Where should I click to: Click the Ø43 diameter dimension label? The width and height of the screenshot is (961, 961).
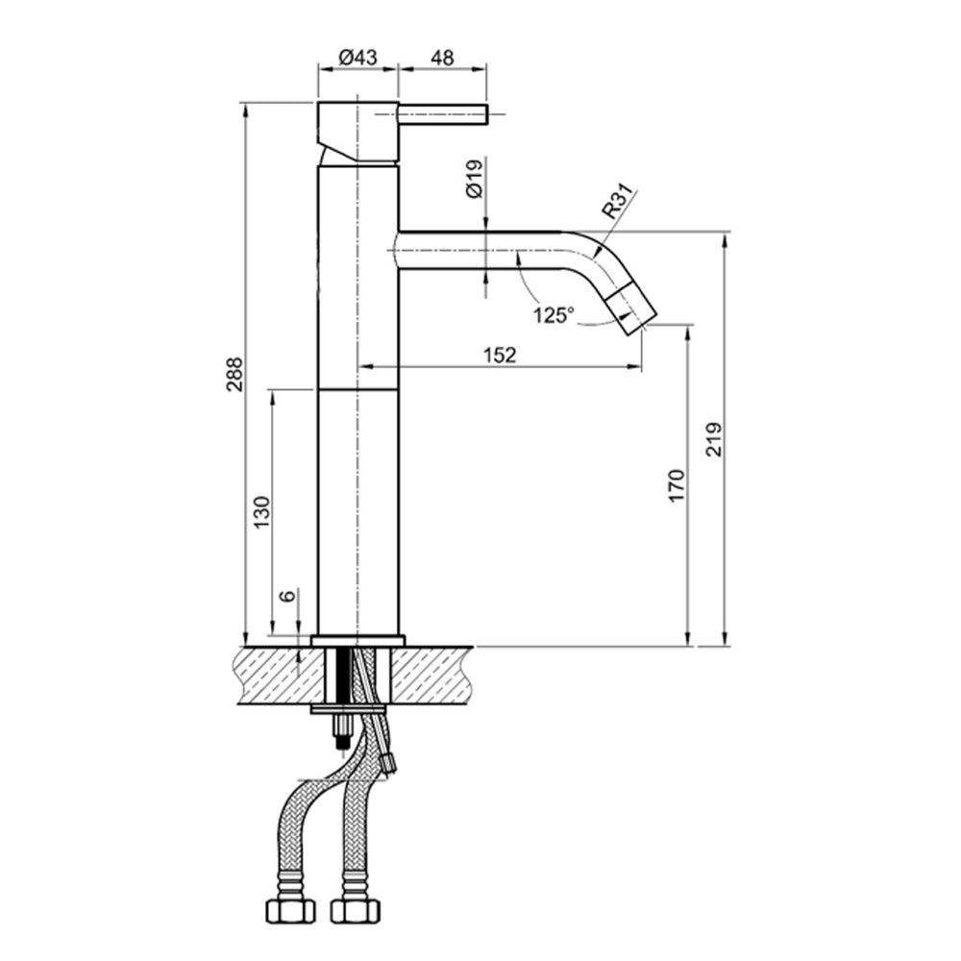click(x=357, y=58)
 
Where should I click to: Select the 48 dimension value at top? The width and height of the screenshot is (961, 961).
click(x=442, y=58)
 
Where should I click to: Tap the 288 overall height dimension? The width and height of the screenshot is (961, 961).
click(x=234, y=375)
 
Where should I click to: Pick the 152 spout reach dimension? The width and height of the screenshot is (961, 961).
click(x=500, y=355)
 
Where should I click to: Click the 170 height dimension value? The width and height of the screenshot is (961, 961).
click(x=677, y=485)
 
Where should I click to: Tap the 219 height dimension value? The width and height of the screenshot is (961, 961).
click(x=713, y=440)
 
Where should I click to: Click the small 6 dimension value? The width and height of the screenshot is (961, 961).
click(x=286, y=596)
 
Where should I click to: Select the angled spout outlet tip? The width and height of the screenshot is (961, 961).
click(x=635, y=310)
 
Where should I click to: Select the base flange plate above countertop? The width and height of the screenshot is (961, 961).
click(x=357, y=641)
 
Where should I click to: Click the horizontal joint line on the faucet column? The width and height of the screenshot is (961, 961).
click(x=357, y=389)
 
